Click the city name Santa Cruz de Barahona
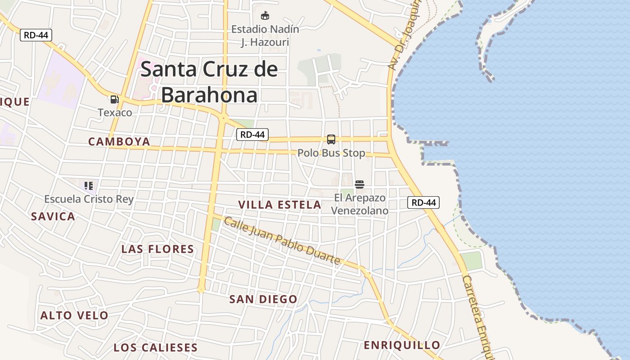click(209, 82)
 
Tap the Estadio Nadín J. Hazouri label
click(265, 36)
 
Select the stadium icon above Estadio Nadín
click(265, 16)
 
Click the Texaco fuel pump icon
click(114, 99)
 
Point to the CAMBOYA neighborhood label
click(119, 142)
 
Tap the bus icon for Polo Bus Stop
click(331, 139)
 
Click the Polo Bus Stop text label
click(331, 153)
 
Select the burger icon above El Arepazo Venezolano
click(359, 184)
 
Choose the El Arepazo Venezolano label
click(360, 204)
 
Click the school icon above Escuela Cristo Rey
click(89, 185)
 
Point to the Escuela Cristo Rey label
click(89, 199)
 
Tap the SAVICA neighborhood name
click(53, 216)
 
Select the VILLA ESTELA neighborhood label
click(279, 205)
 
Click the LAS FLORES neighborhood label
click(158, 249)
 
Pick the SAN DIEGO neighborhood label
click(263, 299)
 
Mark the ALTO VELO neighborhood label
click(74, 315)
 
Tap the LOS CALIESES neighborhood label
click(155, 347)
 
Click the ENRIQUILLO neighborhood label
click(402, 345)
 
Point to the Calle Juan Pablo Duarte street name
click(282, 241)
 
